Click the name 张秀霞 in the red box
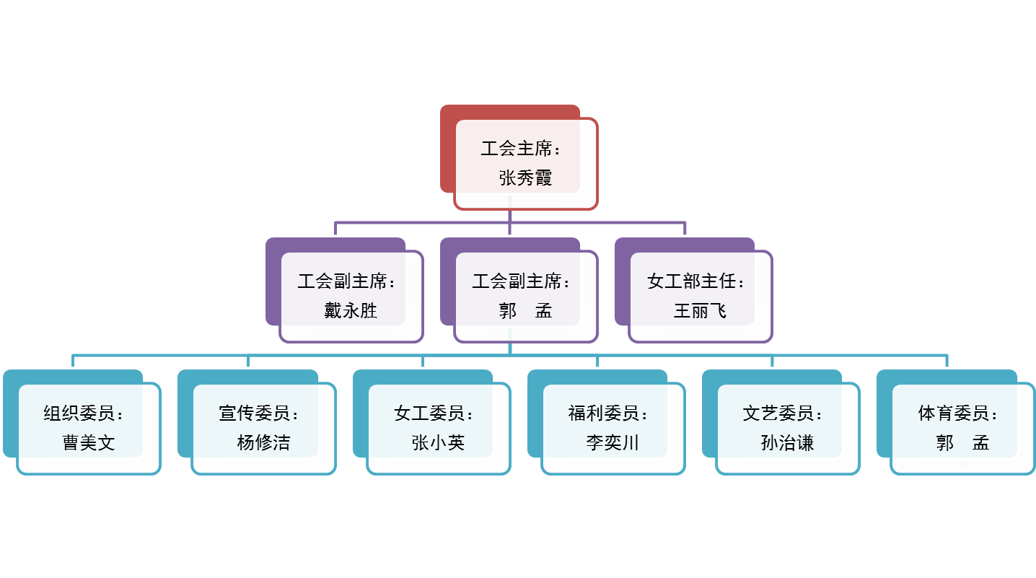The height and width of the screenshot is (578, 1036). pos(525,178)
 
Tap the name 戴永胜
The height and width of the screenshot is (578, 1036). pos(351,311)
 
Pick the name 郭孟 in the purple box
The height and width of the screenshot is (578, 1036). pos(525,311)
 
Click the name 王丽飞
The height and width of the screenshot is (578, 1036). pos(700,311)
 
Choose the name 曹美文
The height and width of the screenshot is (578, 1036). pos(89,442)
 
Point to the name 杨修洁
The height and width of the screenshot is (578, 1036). pos(263,442)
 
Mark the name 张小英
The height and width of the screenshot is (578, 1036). pos(438,442)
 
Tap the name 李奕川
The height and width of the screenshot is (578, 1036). pos(613,442)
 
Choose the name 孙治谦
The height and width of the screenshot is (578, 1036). pos(787,442)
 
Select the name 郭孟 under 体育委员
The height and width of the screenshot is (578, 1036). pos(962,442)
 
